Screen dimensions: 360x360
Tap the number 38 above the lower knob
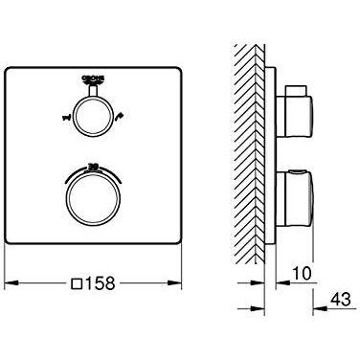[93, 164]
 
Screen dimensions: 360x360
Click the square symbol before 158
[77, 284]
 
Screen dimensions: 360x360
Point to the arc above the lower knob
[93, 169]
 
